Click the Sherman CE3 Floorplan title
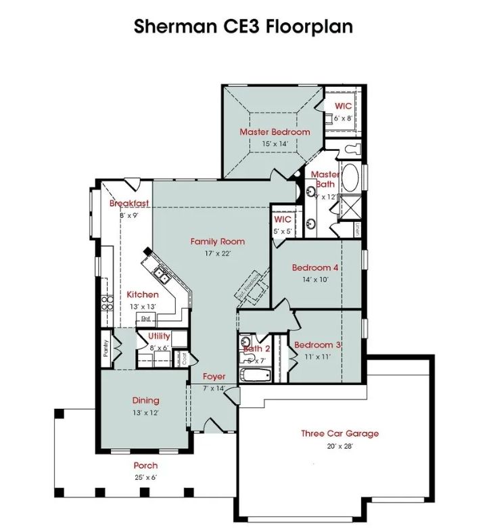(x=243, y=26)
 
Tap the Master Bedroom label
(x=275, y=132)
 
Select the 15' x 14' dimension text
(x=275, y=144)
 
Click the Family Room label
(x=217, y=242)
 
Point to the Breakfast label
(x=129, y=204)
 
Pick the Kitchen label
(x=143, y=294)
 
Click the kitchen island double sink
(x=161, y=273)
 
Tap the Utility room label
(x=159, y=336)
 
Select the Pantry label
(x=106, y=348)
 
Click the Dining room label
(x=145, y=401)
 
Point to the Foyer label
(x=214, y=376)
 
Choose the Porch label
(x=145, y=466)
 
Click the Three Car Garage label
(x=340, y=434)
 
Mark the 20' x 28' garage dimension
(x=340, y=445)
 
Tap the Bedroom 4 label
(x=315, y=267)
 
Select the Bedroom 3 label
(x=317, y=345)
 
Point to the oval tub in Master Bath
(x=350, y=177)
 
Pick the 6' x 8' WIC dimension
(x=343, y=118)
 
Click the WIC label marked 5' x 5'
(x=282, y=220)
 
